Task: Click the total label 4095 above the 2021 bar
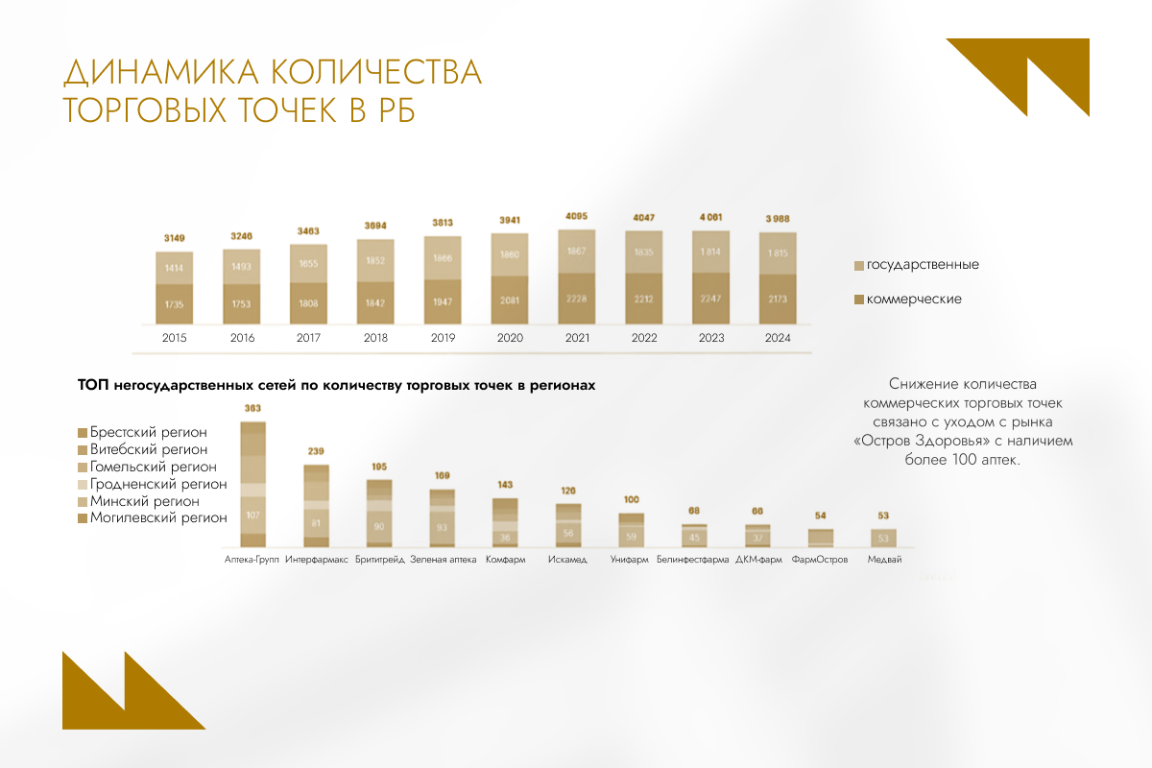coord(577,217)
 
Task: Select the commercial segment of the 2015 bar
coord(175,303)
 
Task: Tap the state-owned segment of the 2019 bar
coord(443,258)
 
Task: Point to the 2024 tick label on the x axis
coord(778,338)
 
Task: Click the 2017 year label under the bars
coord(308,338)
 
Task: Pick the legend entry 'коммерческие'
coord(913,300)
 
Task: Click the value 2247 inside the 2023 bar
coord(711,298)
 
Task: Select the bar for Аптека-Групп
coord(253,485)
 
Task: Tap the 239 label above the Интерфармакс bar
coord(316,451)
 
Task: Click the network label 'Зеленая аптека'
coord(443,560)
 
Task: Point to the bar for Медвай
coord(884,538)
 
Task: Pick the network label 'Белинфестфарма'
coord(692,560)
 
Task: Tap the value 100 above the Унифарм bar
coord(631,500)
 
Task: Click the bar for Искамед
coord(568,525)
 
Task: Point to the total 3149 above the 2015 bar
coord(175,238)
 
